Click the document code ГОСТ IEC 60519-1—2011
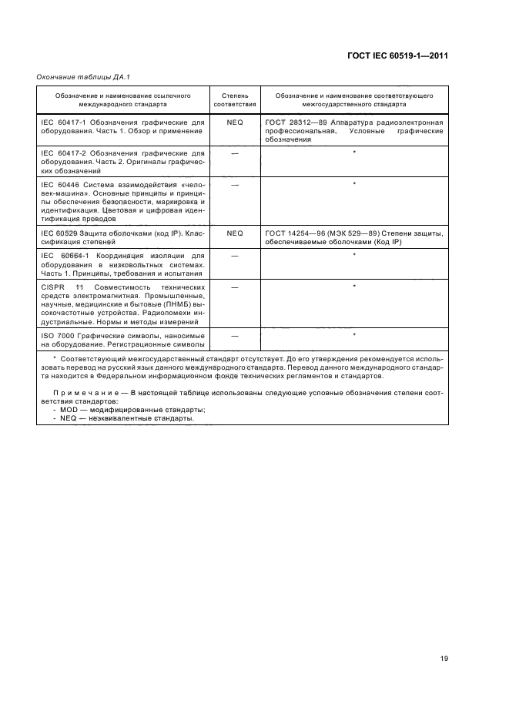[x=397, y=55]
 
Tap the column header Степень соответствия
[x=234, y=99]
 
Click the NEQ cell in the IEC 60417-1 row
[x=234, y=122]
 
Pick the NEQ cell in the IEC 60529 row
[x=234, y=233]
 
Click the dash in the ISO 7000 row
[x=234, y=336]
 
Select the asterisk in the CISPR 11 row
[x=353, y=287]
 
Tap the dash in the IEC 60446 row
[x=234, y=185]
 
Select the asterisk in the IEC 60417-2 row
[x=353, y=153]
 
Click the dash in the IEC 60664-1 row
[x=234, y=255]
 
